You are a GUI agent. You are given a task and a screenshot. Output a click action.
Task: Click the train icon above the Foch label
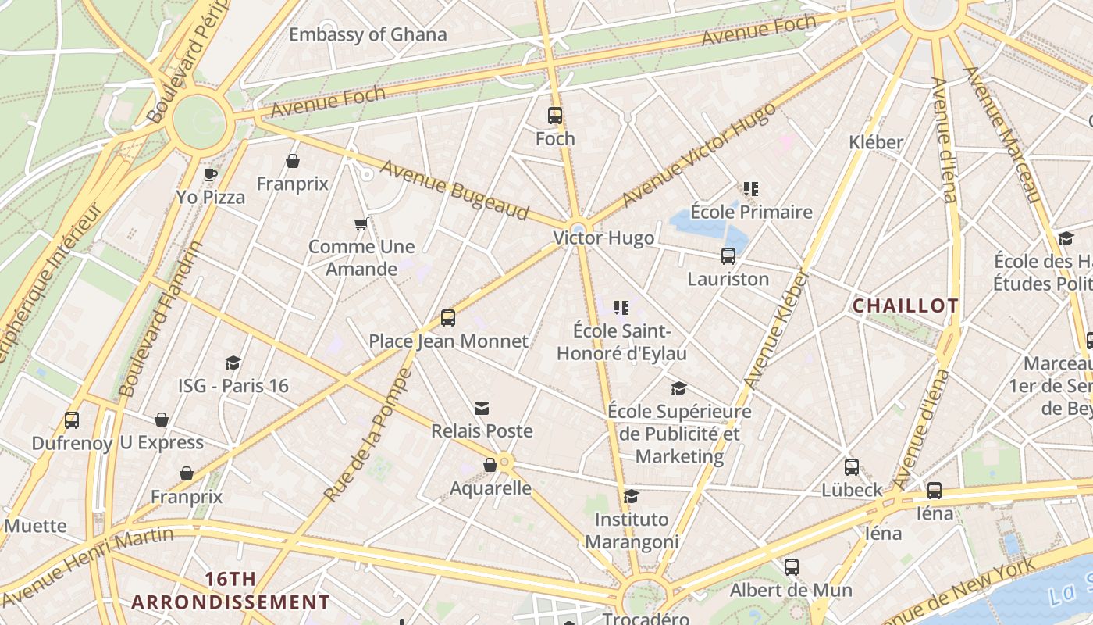(x=555, y=116)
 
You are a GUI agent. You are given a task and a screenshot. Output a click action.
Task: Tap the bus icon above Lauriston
(x=728, y=256)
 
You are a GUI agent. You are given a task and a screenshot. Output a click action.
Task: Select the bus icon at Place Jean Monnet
(x=448, y=318)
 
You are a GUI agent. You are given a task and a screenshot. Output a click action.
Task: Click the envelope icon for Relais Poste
(x=482, y=409)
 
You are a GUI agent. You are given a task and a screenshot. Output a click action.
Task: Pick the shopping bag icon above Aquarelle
(x=490, y=466)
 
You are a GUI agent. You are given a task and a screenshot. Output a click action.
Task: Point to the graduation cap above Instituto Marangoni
(x=631, y=497)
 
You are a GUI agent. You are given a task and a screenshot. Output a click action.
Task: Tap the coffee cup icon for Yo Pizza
(x=210, y=174)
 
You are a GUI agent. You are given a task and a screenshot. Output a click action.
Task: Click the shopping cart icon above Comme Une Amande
(x=361, y=224)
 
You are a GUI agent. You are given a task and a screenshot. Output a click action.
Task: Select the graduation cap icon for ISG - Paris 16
(x=233, y=362)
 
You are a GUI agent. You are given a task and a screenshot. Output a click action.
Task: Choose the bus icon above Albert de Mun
(x=792, y=567)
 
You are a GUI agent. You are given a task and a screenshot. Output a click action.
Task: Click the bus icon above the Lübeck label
(x=852, y=467)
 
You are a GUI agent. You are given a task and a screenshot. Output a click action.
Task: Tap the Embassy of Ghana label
(x=368, y=34)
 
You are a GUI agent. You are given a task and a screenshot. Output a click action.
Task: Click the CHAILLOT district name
(x=905, y=306)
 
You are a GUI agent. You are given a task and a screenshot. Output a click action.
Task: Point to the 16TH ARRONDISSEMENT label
(x=230, y=591)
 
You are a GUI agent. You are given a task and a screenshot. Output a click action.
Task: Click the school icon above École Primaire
(x=751, y=189)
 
